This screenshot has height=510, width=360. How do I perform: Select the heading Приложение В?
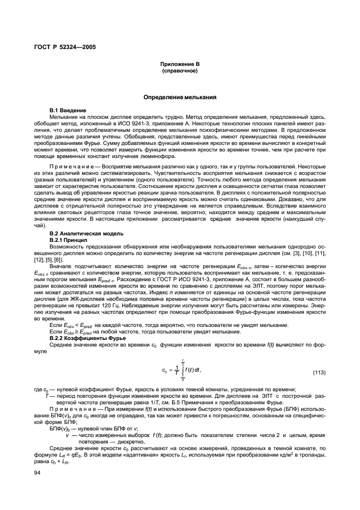pos(180,64)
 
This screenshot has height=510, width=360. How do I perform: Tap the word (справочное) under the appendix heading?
pos(180,71)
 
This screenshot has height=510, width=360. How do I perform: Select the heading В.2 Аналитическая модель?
pos(88,233)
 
